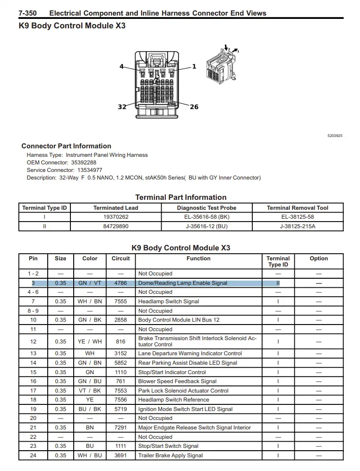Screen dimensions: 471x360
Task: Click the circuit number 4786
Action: pyautogui.click(x=120, y=283)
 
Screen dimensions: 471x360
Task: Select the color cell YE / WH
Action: pyautogui.click(x=90, y=342)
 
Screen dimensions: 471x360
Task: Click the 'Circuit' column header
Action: pyautogui.click(x=120, y=258)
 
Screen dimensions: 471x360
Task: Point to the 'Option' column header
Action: pyautogui.click(x=318, y=258)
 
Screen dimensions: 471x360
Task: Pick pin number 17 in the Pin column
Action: pyautogui.click(x=33, y=391)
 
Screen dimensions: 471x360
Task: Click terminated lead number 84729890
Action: pyautogui.click(x=115, y=226)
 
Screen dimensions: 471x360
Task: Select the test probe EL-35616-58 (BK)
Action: pyautogui.click(x=206, y=217)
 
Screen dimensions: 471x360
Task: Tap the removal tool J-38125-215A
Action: pyautogui.click(x=297, y=226)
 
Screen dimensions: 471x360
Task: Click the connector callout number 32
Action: pyautogui.click(x=122, y=107)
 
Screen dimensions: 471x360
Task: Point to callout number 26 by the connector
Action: pyautogui.click(x=194, y=107)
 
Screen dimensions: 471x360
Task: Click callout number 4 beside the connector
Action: pyautogui.click(x=121, y=67)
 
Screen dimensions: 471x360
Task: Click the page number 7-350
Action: pyautogui.click(x=27, y=13)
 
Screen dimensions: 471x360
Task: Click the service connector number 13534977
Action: pyautogui.click(x=90, y=170)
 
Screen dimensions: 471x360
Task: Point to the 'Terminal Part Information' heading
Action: pyautogui.click(x=180, y=197)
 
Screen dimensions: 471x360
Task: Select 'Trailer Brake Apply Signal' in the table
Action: pyautogui.click(x=170, y=455)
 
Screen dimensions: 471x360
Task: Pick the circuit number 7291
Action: pyautogui.click(x=120, y=428)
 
